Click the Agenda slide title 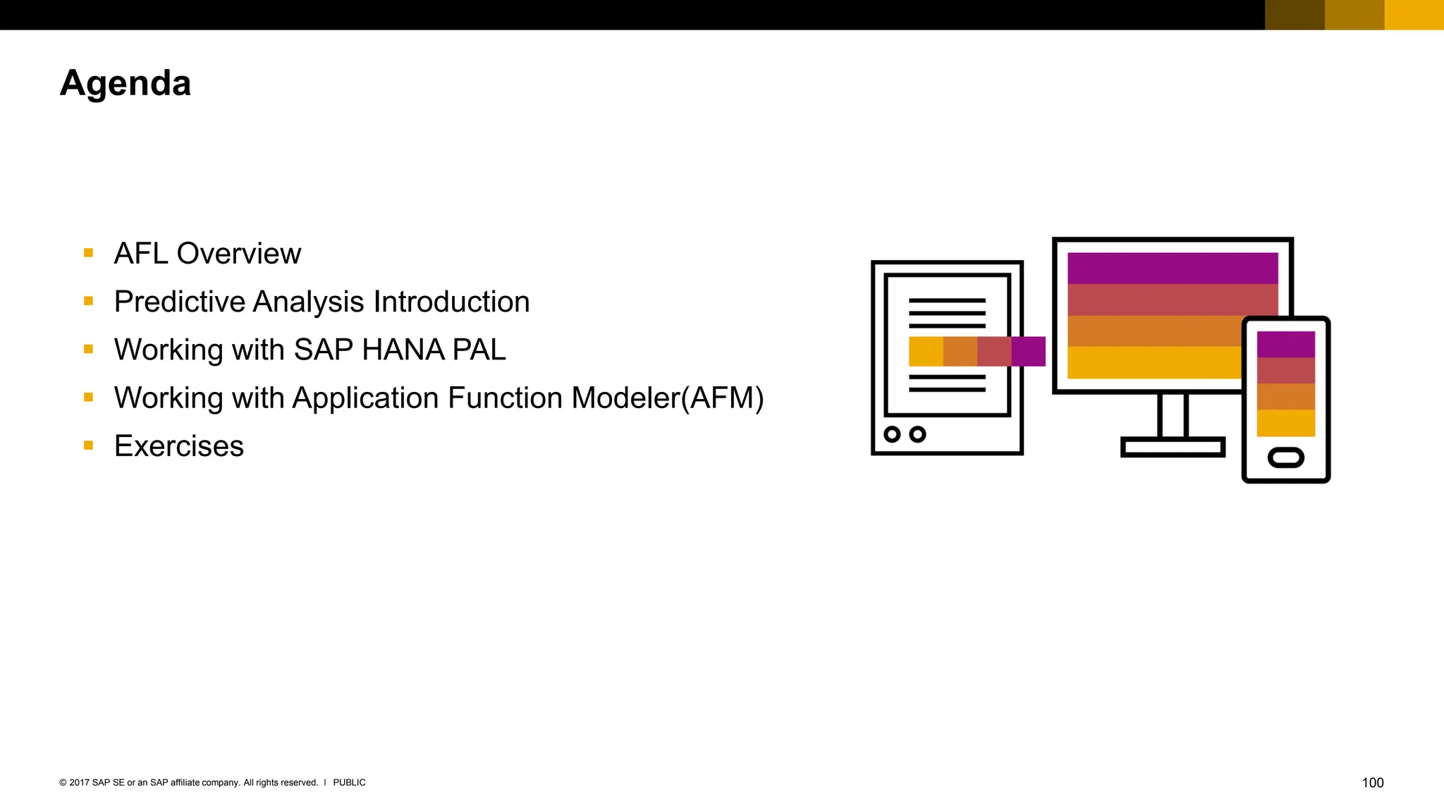coord(126,84)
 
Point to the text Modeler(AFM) coord(667,398)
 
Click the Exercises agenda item coord(178,446)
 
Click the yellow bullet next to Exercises coord(88,445)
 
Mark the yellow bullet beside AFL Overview coord(88,253)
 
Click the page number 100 coord(1372,782)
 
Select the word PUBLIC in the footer coord(349,782)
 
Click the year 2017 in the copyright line coord(79,782)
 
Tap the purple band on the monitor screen coord(1172,268)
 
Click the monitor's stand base coord(1172,447)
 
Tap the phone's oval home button coord(1285,458)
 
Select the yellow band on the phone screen coord(1285,423)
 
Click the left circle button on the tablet coord(892,434)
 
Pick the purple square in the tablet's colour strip coord(1028,351)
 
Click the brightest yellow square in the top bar coord(1414,15)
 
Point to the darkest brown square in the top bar coord(1295,15)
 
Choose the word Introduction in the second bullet coord(451,302)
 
